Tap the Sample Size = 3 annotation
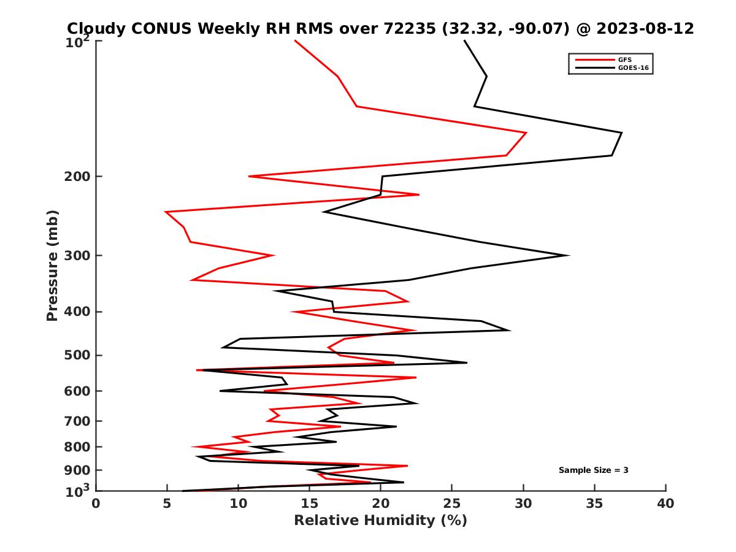(x=593, y=470)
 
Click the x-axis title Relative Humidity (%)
(x=380, y=521)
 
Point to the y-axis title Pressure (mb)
(x=52, y=265)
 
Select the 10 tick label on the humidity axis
(x=239, y=504)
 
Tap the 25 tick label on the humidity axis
(x=452, y=504)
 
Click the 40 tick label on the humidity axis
(x=665, y=504)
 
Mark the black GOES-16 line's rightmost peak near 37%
(x=621, y=133)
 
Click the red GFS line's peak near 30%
(x=526, y=132)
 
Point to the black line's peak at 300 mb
(x=569, y=256)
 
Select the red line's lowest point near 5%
(x=166, y=212)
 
